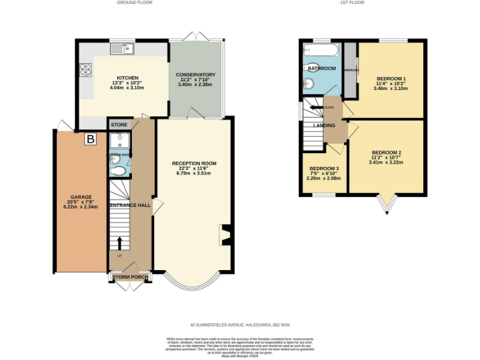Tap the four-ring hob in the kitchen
click(84, 70)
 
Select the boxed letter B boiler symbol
click(91, 139)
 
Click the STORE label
click(119, 125)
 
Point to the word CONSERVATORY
click(196, 74)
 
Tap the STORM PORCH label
click(130, 277)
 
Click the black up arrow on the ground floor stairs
click(119, 243)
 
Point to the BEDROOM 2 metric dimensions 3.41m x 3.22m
click(386, 162)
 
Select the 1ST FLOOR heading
click(352, 3)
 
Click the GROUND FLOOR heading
click(134, 3)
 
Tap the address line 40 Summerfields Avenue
click(239, 324)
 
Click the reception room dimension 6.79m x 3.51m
click(194, 173)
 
